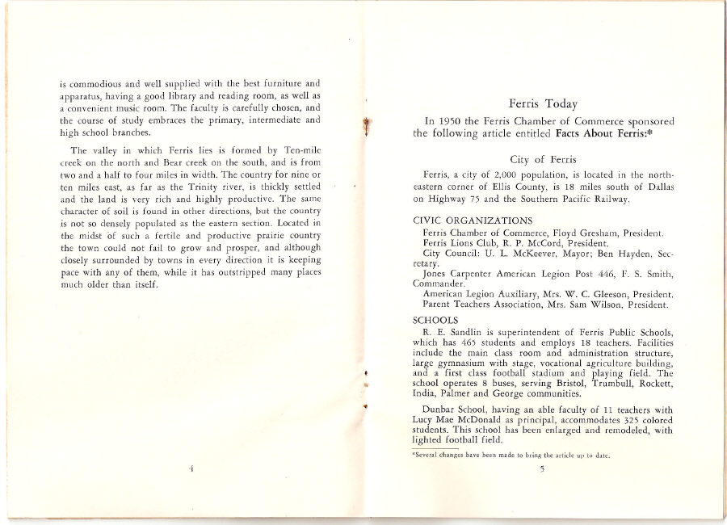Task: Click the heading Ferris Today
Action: (542, 103)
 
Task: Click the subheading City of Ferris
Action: (542, 159)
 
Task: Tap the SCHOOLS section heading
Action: (436, 319)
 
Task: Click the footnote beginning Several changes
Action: (510, 456)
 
